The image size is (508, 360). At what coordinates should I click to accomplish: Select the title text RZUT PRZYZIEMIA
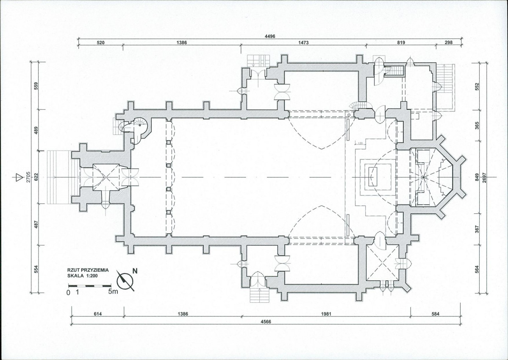click(88, 269)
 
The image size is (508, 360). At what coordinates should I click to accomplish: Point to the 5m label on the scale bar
click(113, 292)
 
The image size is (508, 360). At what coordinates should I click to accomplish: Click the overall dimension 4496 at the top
click(270, 36)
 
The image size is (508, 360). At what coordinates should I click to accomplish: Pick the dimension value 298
click(448, 42)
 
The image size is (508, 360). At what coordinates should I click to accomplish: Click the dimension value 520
click(100, 42)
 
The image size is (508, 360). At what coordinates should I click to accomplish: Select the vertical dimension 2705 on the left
click(28, 176)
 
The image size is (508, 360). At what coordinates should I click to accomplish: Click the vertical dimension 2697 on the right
click(484, 177)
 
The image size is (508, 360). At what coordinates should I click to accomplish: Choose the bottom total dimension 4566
click(266, 321)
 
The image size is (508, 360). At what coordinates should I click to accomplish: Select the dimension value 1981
click(326, 314)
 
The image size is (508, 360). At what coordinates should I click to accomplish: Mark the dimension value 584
click(436, 314)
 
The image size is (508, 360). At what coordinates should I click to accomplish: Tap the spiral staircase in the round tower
click(139, 126)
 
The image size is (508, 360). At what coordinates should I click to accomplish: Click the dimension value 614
click(97, 314)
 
